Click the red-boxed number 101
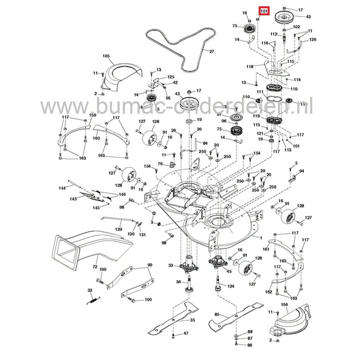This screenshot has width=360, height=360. [264, 11]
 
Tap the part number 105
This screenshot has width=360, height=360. [106, 56]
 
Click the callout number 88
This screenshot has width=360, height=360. [250, 332]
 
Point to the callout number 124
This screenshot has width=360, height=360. [231, 286]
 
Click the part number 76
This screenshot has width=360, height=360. [160, 164]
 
